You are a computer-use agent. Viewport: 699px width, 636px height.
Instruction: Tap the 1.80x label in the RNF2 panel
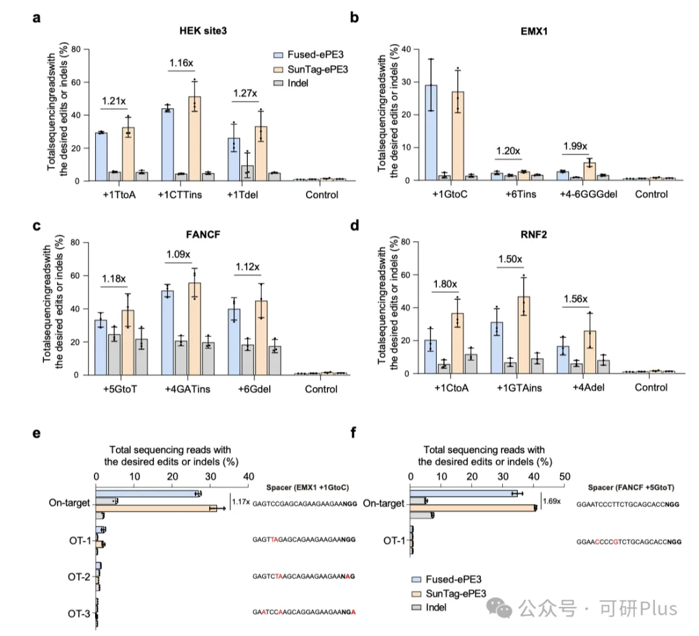(447, 283)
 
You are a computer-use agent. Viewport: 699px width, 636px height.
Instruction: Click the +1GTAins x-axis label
(512, 388)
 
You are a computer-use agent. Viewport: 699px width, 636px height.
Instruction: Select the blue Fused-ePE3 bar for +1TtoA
(101, 157)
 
